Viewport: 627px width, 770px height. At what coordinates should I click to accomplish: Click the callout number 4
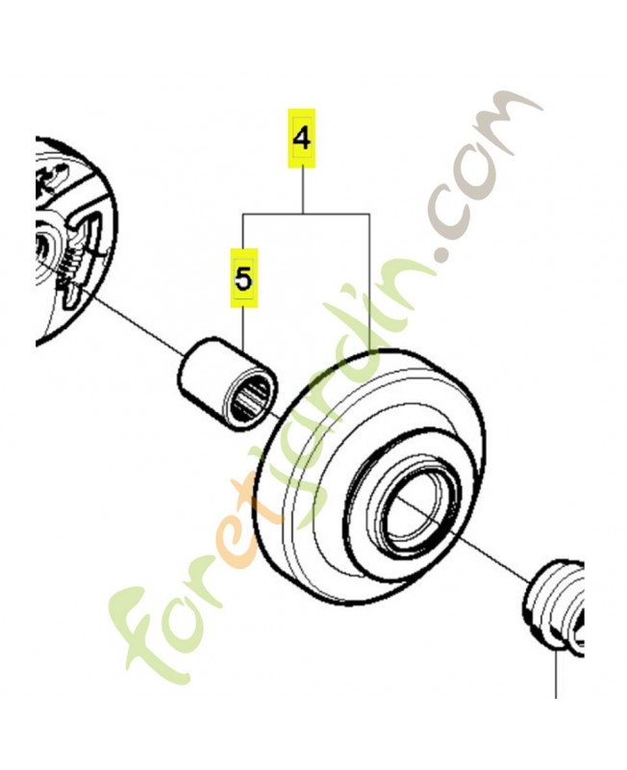click(x=301, y=139)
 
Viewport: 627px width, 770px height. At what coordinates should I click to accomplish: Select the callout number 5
click(x=243, y=278)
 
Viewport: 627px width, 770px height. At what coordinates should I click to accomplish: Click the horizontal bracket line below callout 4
click(x=306, y=214)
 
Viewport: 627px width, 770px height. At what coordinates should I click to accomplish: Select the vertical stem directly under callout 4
click(x=303, y=191)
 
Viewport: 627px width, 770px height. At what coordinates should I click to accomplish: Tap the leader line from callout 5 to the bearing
click(x=243, y=328)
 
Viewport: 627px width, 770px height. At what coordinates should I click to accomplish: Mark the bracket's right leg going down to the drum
click(x=369, y=283)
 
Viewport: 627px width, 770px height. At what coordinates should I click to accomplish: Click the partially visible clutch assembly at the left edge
click(x=74, y=241)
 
